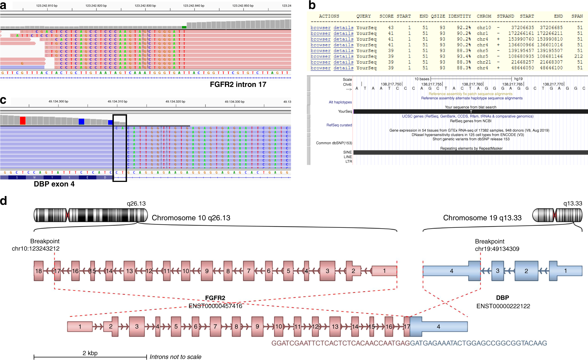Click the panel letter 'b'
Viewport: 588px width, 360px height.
pos(312,5)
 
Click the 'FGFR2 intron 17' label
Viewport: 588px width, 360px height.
pos(238,85)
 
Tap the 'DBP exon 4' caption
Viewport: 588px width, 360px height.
pos(54,184)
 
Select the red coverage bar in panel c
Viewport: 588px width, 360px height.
pos(23,120)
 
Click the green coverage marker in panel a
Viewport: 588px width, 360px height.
pos(184,27)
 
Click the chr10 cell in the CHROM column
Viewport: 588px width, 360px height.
pos(484,28)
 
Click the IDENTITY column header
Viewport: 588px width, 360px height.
pos(459,16)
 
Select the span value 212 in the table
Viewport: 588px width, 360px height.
pos(578,56)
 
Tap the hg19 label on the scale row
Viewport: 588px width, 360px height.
pos(518,79)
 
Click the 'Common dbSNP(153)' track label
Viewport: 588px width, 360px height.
pos(334,143)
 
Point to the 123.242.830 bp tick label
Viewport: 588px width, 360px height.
pos(145,6)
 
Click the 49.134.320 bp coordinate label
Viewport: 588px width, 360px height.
pos(175,101)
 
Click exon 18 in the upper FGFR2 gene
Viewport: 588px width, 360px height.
pos(39,271)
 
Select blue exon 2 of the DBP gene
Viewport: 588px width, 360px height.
pos(526,271)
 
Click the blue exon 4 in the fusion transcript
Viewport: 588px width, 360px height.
pos(438,326)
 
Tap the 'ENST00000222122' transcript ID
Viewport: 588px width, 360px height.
pos(503,306)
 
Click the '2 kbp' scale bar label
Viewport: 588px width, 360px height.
pos(90,353)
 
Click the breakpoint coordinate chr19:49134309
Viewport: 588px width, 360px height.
pos(497,249)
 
